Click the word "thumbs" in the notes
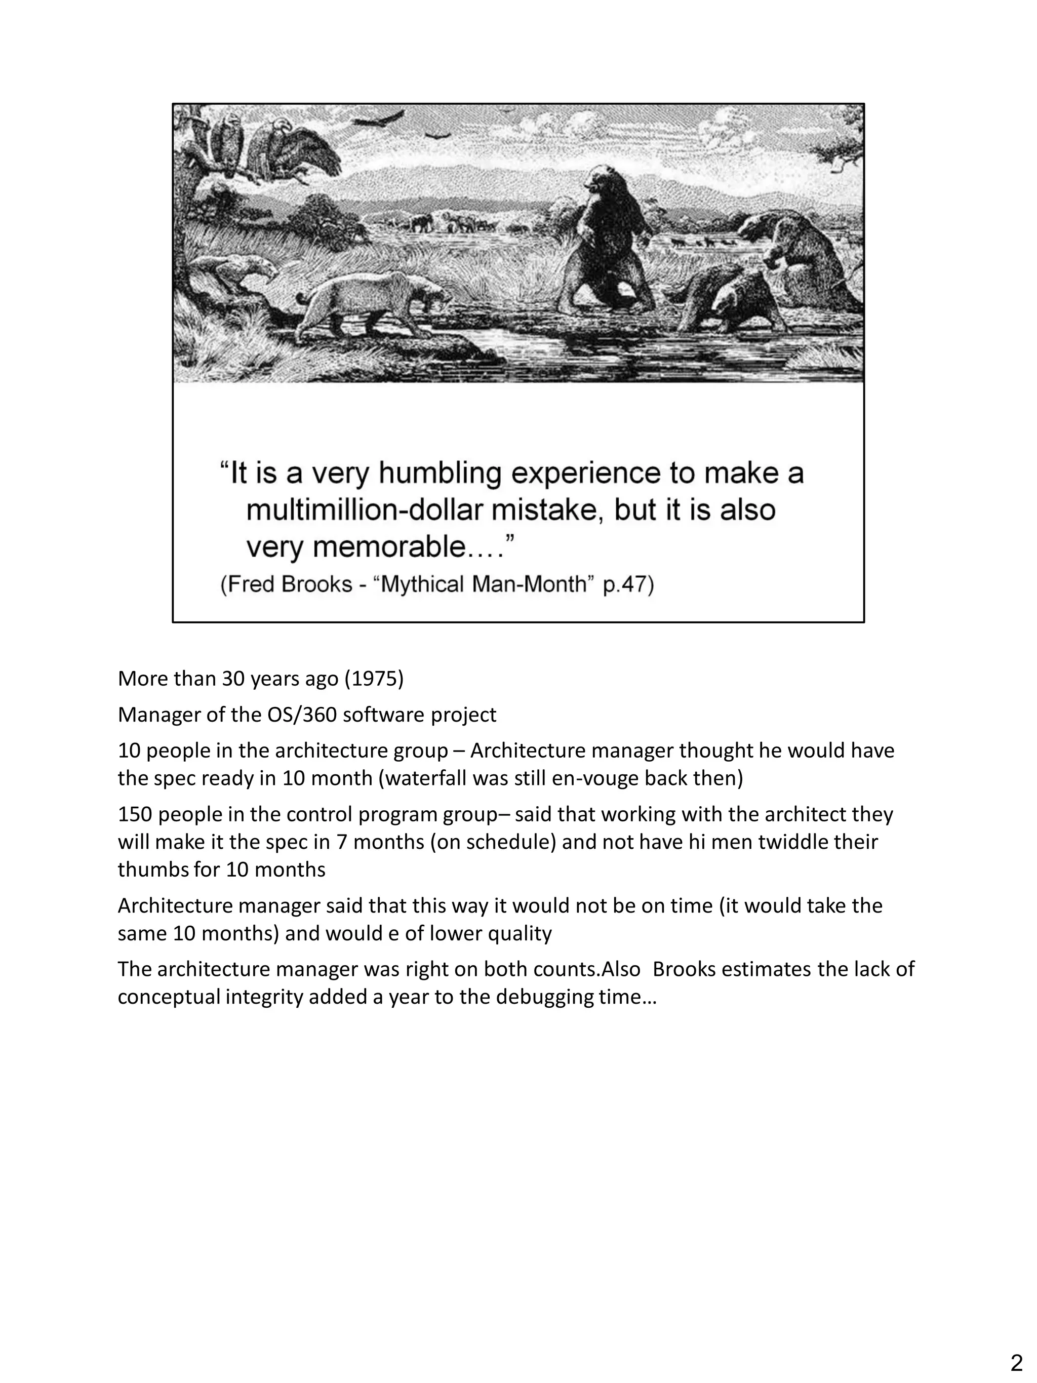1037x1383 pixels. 152,869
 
